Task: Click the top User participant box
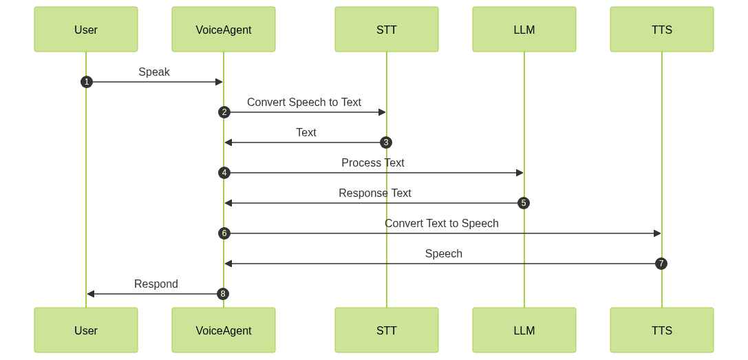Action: point(86,30)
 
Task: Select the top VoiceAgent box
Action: point(224,30)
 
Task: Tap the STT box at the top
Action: point(387,30)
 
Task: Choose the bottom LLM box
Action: point(524,330)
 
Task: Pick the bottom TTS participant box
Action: point(662,330)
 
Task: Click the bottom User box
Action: point(86,330)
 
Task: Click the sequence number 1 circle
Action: point(86,82)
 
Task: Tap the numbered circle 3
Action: point(386,142)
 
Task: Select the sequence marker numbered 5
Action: point(524,203)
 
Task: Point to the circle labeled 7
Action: point(661,264)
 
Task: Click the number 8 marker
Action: point(223,294)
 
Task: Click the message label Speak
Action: point(154,72)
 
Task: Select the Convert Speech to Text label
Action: point(304,103)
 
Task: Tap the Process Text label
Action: point(373,163)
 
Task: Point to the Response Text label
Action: point(375,193)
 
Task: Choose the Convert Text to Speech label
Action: point(442,224)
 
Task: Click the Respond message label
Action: point(156,284)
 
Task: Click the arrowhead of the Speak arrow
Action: point(220,82)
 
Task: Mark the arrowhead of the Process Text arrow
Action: point(520,173)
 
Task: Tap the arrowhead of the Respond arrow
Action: point(90,294)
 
